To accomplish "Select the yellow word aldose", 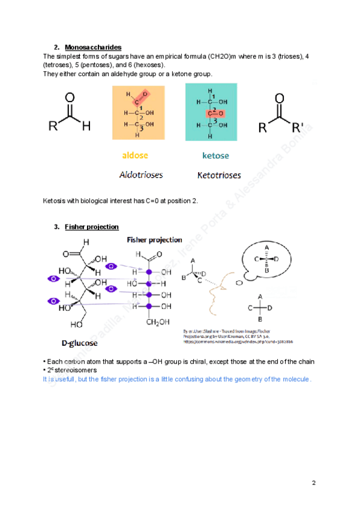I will pyautogui.click(x=136, y=155).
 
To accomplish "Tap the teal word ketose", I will pyautogui.click(x=215, y=155).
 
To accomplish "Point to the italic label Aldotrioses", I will pyautogui.click(x=141, y=175).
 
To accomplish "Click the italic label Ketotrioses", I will pyautogui.click(x=219, y=175).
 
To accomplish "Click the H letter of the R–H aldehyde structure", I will pyautogui.click(x=86, y=127).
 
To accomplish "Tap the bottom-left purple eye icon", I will pyautogui.click(x=53, y=300).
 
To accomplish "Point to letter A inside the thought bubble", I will pyautogui.click(x=266, y=247).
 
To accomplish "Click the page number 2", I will pyautogui.click(x=313, y=483).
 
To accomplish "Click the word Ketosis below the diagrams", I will pyautogui.click(x=55, y=200).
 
